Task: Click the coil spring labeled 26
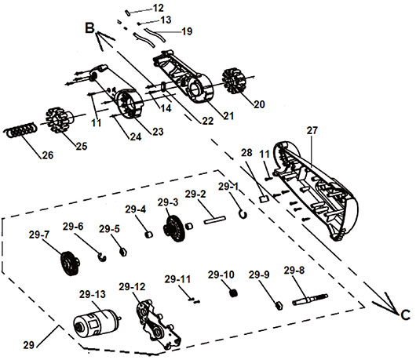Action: (20, 130)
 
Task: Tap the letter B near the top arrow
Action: (89, 28)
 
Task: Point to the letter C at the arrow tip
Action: (405, 315)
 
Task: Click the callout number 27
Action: (312, 130)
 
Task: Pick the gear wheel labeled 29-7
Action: (70, 263)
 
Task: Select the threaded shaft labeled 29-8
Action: (310, 300)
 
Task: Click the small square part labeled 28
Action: (264, 199)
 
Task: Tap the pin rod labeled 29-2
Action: (215, 220)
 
